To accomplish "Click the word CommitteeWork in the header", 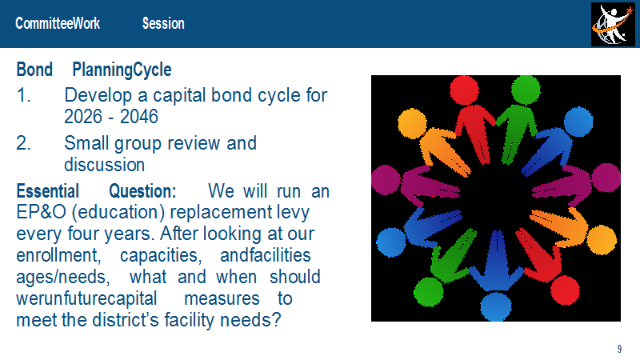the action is tap(58, 23).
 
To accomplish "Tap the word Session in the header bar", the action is tap(163, 23).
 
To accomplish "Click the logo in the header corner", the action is tap(613, 25).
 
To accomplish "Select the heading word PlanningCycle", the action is tap(122, 70).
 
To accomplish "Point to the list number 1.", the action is tap(24, 95).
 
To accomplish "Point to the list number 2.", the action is tap(24, 143).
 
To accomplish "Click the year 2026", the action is tap(83, 117).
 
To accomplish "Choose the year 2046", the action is tap(138, 117).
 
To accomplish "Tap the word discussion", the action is tap(105, 165).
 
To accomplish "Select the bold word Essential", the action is tap(47, 191).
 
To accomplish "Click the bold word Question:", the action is tap(142, 191).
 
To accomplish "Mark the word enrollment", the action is tap(58, 255).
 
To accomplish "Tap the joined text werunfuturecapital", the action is tap(86, 298).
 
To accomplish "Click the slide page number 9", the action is tap(619, 349).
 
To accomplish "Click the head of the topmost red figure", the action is tap(464, 90).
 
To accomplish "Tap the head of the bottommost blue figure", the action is tap(495, 306).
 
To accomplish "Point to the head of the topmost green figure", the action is tap(526, 90).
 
